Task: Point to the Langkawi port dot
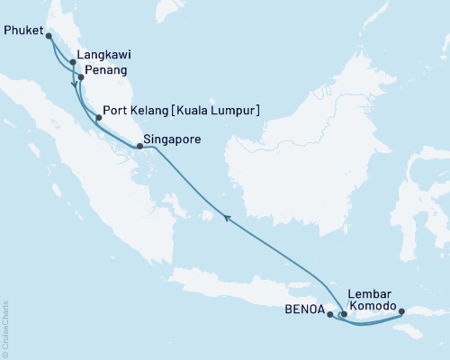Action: tap(72, 62)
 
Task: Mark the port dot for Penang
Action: tap(81, 77)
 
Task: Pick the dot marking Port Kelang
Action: tap(98, 117)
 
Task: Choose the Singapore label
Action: tap(172, 139)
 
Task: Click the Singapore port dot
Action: tap(139, 146)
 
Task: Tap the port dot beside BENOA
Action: tap(330, 315)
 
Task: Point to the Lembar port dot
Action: tap(344, 315)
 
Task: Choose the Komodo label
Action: tap(373, 307)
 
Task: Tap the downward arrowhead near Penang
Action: tap(73, 85)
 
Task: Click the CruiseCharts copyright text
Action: tap(6, 329)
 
